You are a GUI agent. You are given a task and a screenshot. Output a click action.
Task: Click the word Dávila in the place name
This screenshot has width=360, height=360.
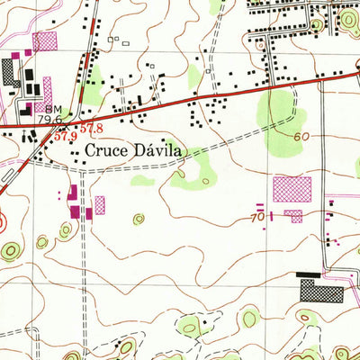(x=157, y=151)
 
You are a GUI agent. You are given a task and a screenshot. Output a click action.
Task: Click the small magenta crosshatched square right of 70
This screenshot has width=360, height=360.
(x=292, y=216)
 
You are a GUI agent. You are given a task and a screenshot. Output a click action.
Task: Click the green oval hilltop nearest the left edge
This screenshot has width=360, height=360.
(x=9, y=249)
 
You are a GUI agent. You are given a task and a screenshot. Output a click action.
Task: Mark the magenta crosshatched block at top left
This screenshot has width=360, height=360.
(x=44, y=40)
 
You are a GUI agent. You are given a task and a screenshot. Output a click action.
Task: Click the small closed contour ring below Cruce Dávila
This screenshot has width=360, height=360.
(x=138, y=218)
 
